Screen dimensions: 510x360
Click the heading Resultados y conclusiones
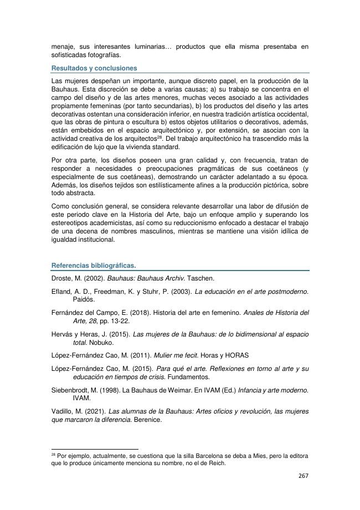pyautogui.click(x=94, y=68)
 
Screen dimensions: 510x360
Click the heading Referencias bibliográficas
pyautogui.click(x=93, y=265)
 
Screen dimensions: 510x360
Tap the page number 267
pyautogui.click(x=302, y=476)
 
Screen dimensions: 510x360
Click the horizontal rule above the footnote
pyautogui.click(x=94, y=450)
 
